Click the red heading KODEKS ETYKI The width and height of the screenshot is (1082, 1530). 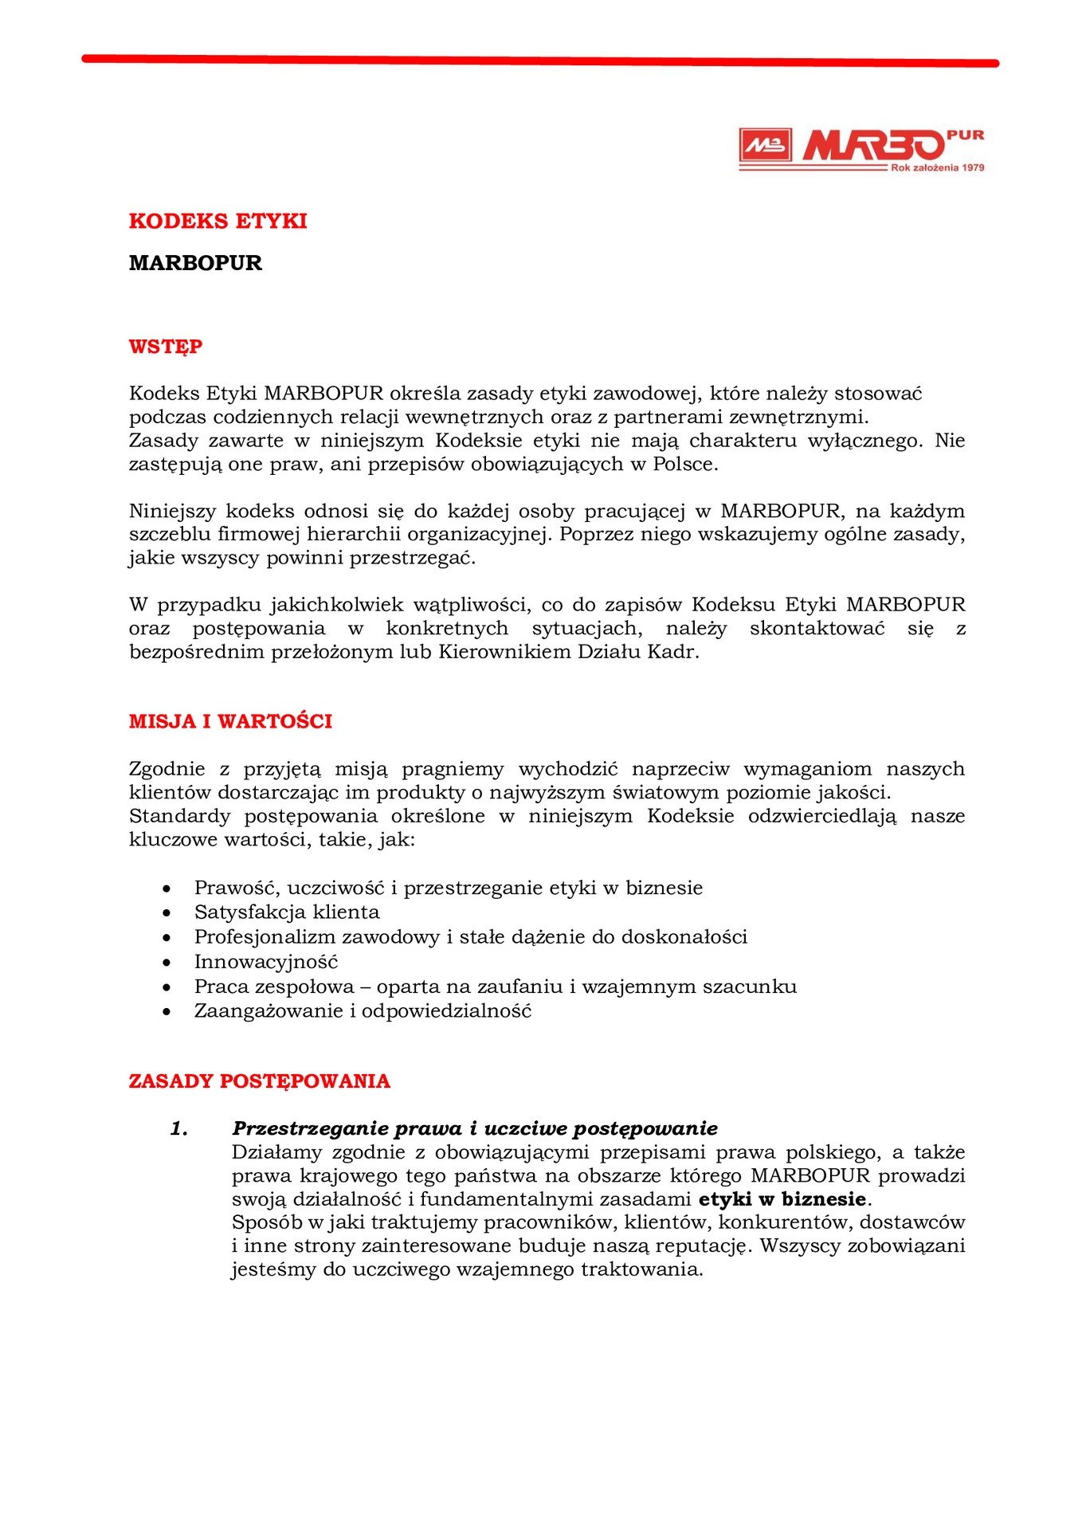tap(218, 221)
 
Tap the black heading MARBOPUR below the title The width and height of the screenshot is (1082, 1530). tap(195, 263)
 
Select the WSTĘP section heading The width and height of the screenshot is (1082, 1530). tap(166, 347)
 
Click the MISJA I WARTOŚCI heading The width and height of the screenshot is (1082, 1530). tap(230, 721)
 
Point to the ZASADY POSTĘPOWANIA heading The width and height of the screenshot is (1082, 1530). tap(260, 1081)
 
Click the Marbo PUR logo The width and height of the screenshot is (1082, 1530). tap(861, 148)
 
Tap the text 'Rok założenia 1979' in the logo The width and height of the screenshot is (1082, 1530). tap(937, 168)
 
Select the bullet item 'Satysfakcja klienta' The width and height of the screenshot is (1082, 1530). tap(287, 912)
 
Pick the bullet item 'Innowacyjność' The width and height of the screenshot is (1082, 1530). tap(266, 962)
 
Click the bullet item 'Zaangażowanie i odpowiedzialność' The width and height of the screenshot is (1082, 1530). tap(363, 1011)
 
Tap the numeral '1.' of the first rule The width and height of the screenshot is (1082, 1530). tap(179, 1128)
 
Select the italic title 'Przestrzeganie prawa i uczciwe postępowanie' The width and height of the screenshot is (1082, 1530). tap(475, 1128)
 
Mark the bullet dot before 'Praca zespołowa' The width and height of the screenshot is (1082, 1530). tap(167, 987)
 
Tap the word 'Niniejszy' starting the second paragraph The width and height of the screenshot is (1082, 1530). tap(171, 511)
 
